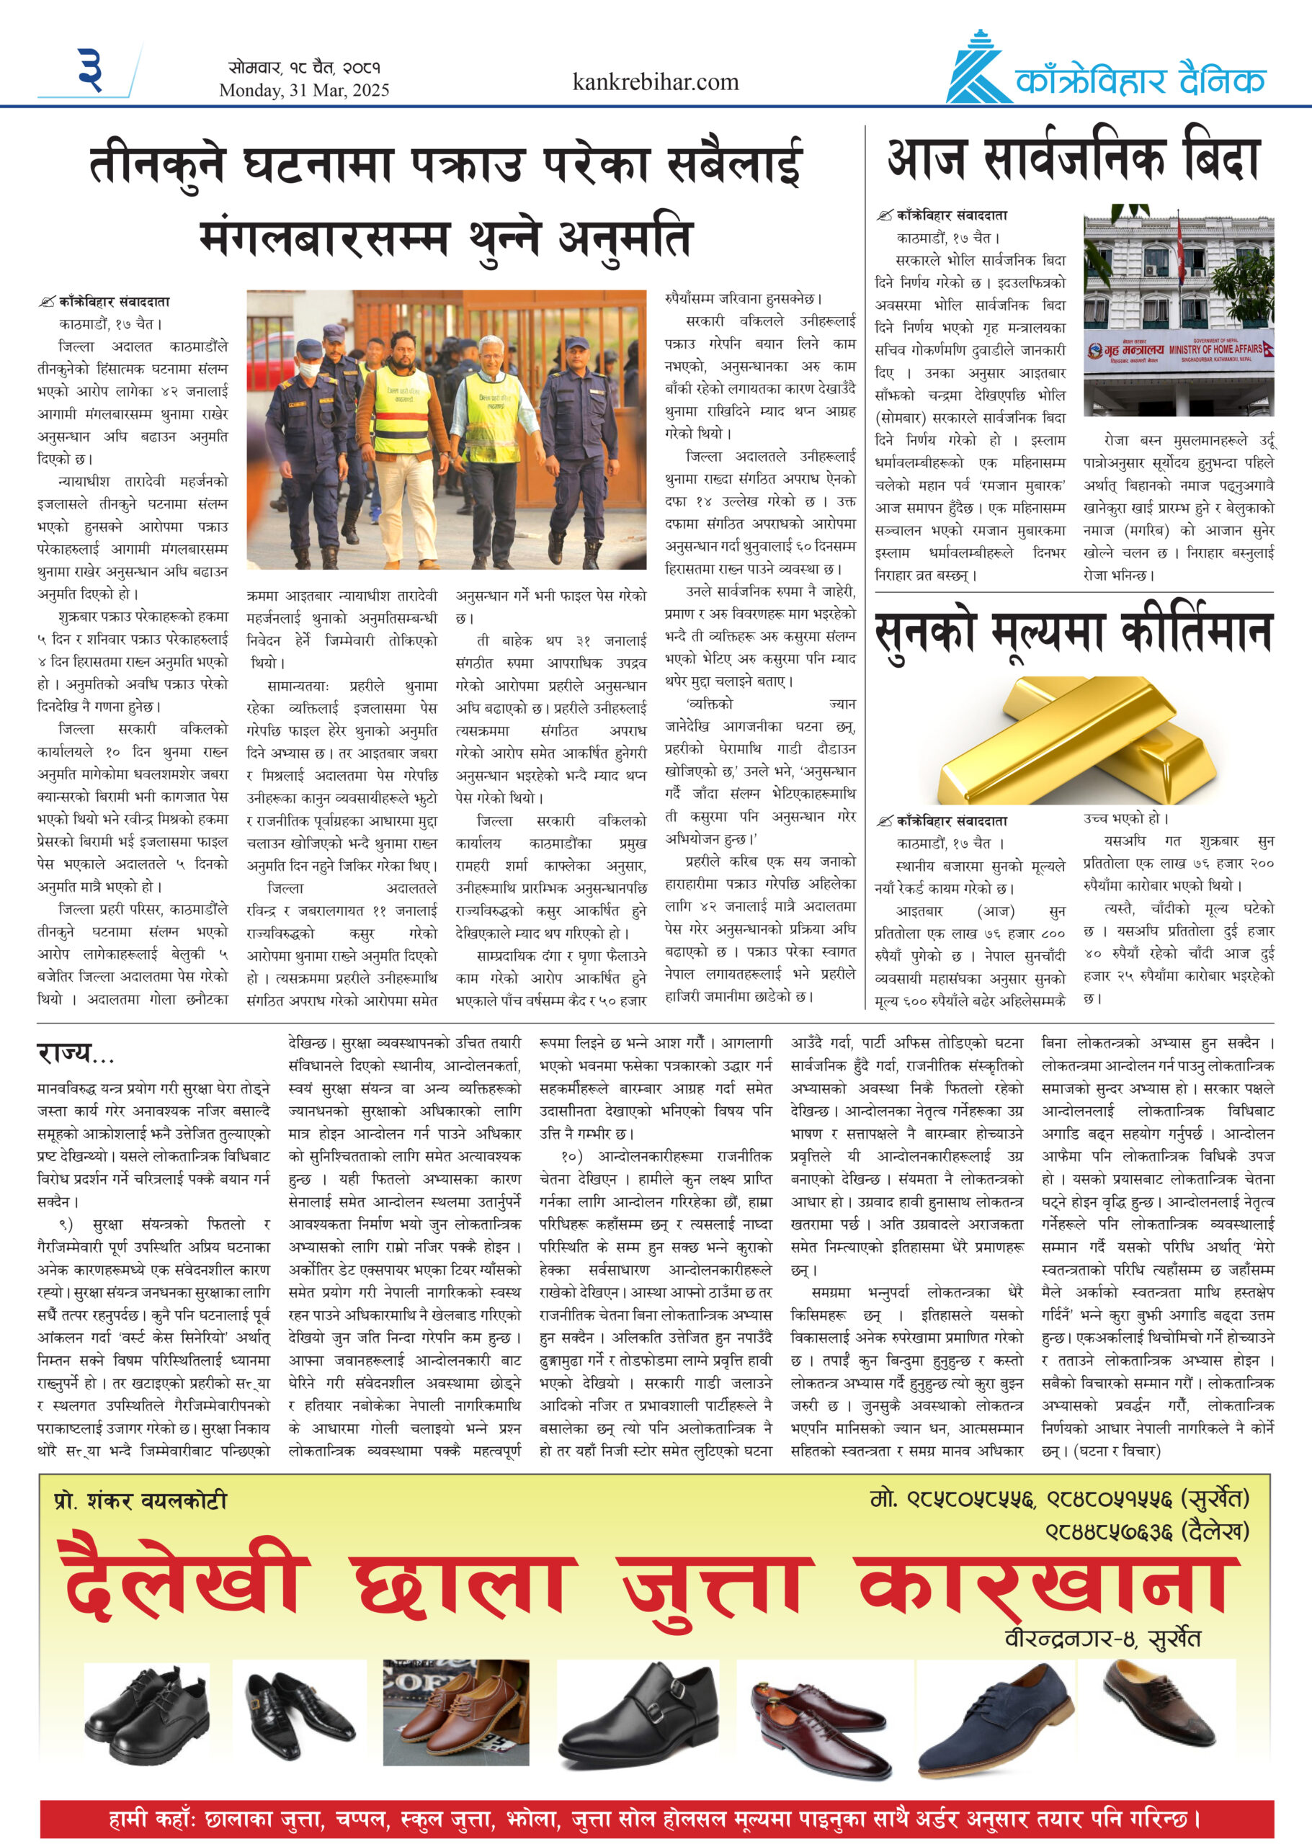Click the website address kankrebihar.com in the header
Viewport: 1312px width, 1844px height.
tap(655, 82)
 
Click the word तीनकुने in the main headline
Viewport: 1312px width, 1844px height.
tap(157, 164)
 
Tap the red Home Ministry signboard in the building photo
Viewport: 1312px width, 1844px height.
tap(1179, 352)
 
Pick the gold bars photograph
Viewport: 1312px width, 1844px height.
tap(1074, 738)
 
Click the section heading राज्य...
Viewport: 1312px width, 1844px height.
tap(75, 1053)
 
